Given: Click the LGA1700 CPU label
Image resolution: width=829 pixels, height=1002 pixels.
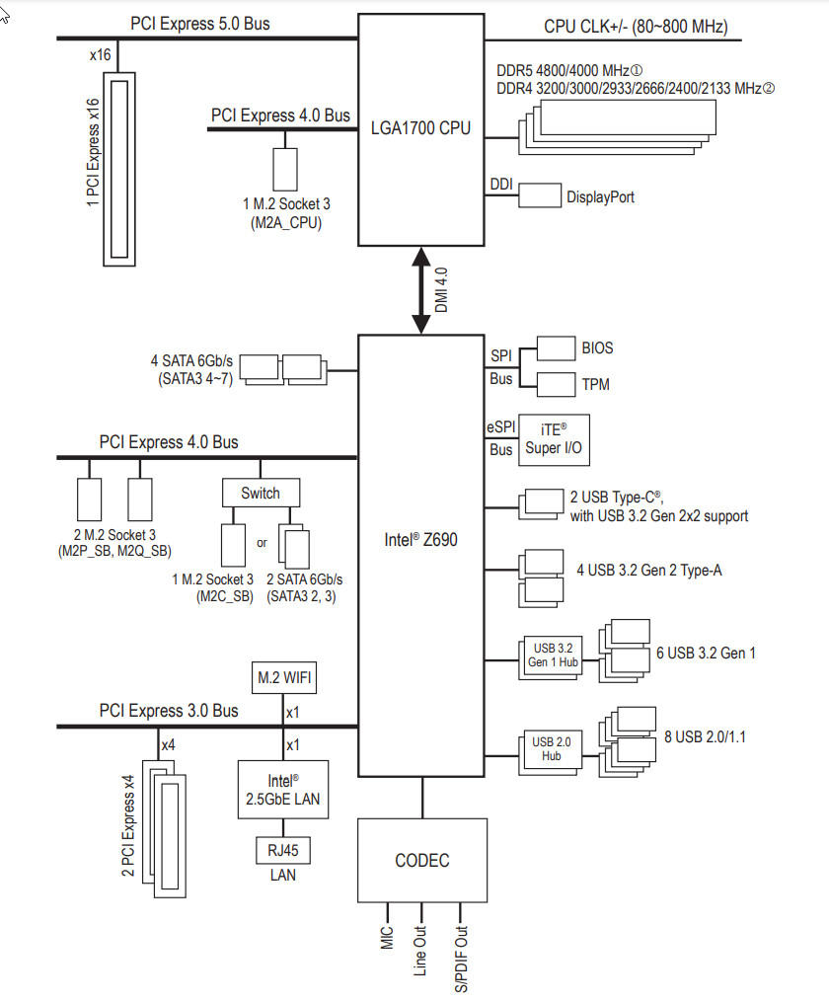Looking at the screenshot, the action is (420, 127).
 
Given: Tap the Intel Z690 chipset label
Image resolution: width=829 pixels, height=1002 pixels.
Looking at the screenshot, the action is (420, 540).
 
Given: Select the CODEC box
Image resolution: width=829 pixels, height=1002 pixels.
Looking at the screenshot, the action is (422, 860).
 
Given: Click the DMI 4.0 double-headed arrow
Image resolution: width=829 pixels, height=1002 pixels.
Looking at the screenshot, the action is (420, 291).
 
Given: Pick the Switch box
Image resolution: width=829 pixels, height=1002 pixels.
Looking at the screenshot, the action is (261, 494).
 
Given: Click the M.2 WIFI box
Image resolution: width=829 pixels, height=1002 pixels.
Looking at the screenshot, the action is (283, 677).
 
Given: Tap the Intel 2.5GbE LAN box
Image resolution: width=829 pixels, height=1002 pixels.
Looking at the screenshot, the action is (283, 790).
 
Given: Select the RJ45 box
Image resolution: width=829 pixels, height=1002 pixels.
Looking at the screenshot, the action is (283, 851).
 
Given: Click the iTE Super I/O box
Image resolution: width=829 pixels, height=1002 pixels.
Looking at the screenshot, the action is (554, 439).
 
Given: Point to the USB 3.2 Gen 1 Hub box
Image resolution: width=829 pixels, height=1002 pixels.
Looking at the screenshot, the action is (553, 655).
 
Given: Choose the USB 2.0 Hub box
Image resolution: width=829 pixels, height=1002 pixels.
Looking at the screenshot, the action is (551, 748).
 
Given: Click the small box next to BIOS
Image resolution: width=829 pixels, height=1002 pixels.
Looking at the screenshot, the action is (556, 348).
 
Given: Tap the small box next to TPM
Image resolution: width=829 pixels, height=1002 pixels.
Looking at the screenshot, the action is (556, 385).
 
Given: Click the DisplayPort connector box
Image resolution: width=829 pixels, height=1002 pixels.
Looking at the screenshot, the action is (540, 195).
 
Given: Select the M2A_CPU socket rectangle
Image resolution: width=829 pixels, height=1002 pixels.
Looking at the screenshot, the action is (285, 170).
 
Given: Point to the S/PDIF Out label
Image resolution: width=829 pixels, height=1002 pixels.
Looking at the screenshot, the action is (461, 960).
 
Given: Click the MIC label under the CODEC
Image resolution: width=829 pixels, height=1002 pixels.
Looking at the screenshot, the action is (387, 938).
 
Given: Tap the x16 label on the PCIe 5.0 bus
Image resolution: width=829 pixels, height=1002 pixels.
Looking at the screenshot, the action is (101, 55).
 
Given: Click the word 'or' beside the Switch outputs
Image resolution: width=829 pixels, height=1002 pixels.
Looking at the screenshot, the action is (262, 543).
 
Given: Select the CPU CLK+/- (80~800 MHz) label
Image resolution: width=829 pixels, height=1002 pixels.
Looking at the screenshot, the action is (636, 27).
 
